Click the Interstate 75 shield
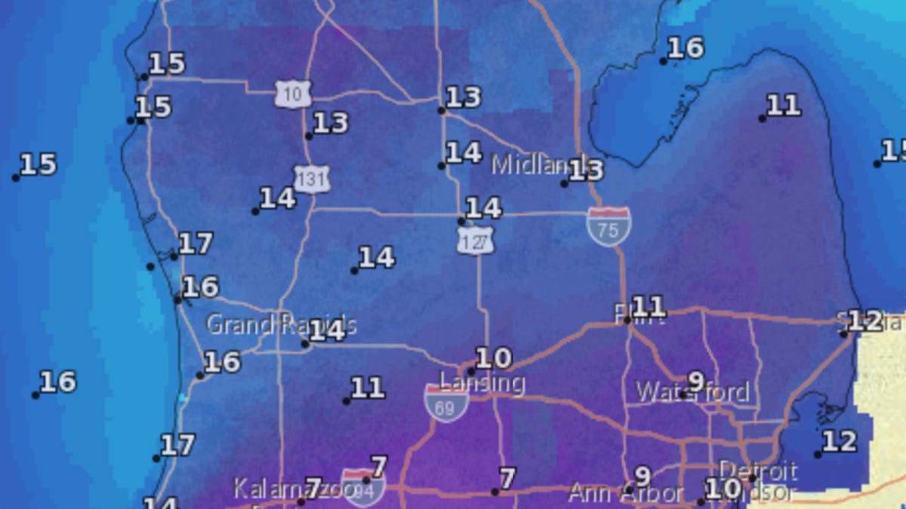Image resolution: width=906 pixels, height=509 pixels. [x=609, y=227]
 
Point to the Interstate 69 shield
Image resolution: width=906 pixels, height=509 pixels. [x=446, y=402]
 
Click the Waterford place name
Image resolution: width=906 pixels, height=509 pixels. [x=692, y=392]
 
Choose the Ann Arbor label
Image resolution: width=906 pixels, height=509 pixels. [x=625, y=495]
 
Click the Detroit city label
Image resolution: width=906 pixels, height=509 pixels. [x=757, y=471]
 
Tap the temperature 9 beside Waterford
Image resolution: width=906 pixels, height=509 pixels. [x=695, y=381]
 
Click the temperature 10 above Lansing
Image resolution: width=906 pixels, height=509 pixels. [x=493, y=357]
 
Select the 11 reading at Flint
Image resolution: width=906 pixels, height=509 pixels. [x=649, y=306]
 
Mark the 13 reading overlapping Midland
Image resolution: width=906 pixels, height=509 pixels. [x=587, y=170]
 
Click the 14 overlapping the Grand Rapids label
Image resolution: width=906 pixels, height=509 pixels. [x=328, y=330]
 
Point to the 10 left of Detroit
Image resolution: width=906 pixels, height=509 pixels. [x=722, y=489]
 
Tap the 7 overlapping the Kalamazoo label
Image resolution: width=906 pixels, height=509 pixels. [x=313, y=485]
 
